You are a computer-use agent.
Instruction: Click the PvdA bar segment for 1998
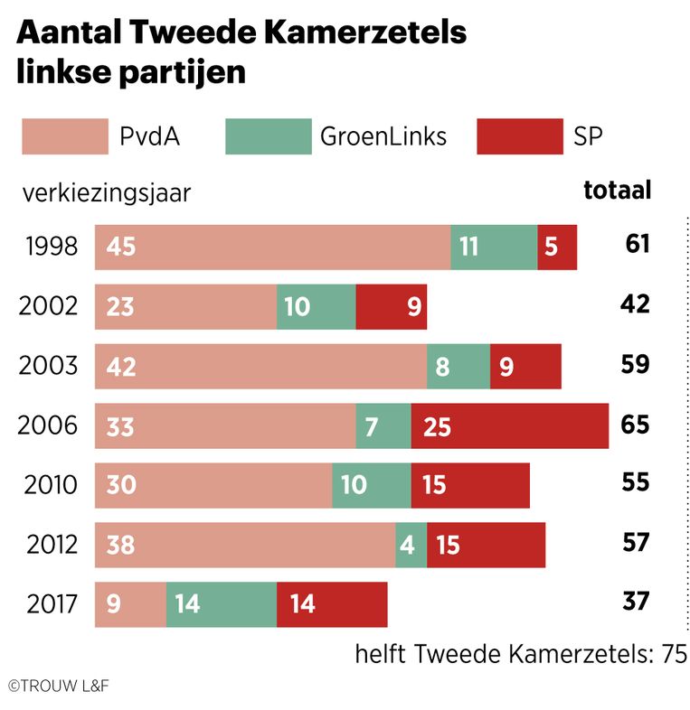pyautogui.click(x=272, y=247)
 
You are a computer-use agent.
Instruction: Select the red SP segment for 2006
pyautogui.click(x=509, y=425)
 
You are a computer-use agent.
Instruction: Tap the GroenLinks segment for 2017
pyautogui.click(x=221, y=603)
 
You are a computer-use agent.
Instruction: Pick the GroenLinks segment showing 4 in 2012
pyautogui.click(x=411, y=545)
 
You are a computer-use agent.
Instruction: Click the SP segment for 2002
pyautogui.click(x=391, y=307)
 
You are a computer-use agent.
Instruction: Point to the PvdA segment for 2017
pyautogui.click(x=130, y=603)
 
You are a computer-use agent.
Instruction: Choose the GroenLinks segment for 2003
pyautogui.click(x=458, y=366)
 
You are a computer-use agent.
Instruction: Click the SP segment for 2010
pyautogui.click(x=469, y=485)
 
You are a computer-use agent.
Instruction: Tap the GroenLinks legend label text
pyautogui.click(x=383, y=136)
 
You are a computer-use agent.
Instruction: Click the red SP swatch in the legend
pyautogui.click(x=519, y=136)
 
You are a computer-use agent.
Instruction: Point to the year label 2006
pyautogui.click(x=48, y=425)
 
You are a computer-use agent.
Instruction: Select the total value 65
pyautogui.click(x=635, y=424)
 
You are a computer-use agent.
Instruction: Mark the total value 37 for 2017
pyautogui.click(x=636, y=601)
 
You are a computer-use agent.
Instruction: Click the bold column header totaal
pyautogui.click(x=617, y=191)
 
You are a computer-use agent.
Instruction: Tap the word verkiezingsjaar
pyautogui.click(x=107, y=192)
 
